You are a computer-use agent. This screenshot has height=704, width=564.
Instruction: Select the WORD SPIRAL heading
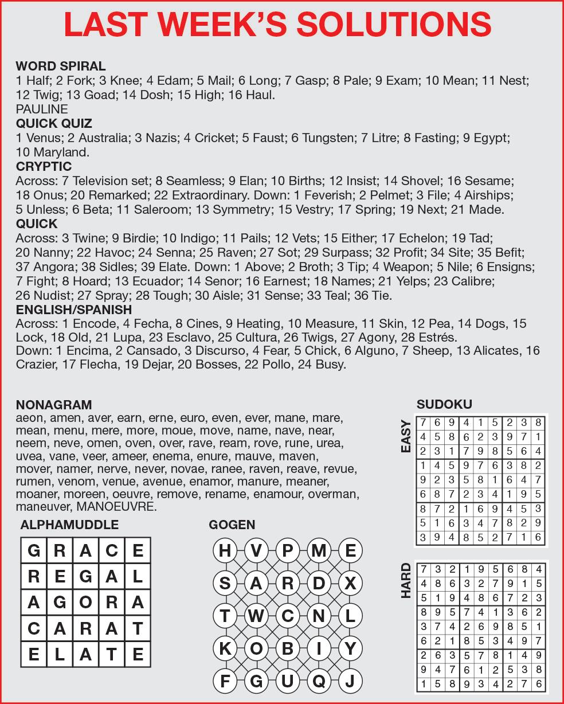pos(61,66)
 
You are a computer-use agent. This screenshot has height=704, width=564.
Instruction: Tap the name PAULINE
pos(42,109)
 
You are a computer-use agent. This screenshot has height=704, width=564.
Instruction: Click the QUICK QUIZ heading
pos(54,123)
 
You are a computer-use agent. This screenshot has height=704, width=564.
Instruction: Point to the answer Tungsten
pos(325,138)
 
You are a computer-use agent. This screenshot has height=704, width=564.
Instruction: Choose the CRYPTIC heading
pos(44,166)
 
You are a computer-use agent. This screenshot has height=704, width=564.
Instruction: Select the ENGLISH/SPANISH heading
pos(74,310)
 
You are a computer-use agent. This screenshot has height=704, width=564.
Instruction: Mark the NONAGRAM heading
pos(54,405)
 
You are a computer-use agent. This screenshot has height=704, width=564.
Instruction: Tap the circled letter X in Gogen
pos(350,583)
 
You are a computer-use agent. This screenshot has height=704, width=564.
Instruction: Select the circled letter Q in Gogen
pos(319,682)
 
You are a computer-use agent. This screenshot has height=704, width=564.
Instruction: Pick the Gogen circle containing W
pos(256,616)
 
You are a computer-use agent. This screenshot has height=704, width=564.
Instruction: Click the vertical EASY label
pos(406,437)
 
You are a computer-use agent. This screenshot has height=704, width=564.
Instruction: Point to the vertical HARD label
pos(406,581)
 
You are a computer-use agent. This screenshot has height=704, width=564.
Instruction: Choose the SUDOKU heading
pos(444,404)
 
